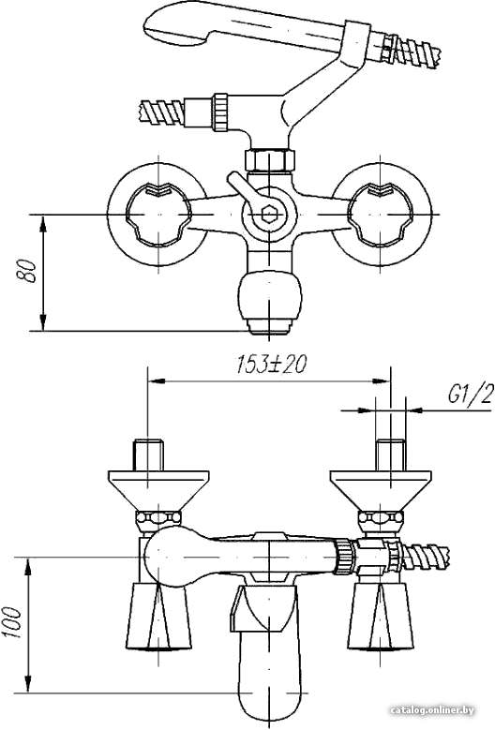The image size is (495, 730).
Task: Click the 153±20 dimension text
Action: pos(271,365)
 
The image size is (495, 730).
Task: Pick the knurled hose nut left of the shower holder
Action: pos(220,112)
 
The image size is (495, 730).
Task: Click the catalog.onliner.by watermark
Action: pos(432,710)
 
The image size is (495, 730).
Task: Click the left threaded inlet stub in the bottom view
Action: pos(149,454)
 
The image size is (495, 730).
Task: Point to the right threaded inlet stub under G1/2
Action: pos(390,454)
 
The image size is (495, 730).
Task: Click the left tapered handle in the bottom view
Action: pos(158,616)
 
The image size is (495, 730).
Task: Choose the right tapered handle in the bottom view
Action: pos(381,616)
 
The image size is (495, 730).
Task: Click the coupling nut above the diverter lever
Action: pos(270,159)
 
